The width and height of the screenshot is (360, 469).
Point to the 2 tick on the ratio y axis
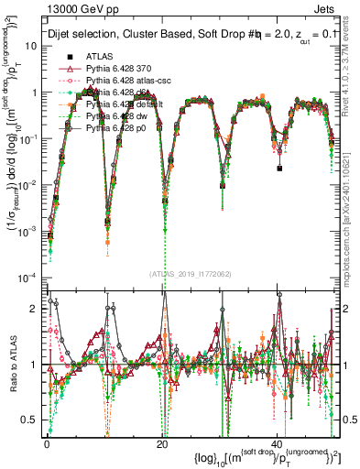(35, 310)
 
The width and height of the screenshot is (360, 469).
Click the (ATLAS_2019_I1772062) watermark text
(191, 273)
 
